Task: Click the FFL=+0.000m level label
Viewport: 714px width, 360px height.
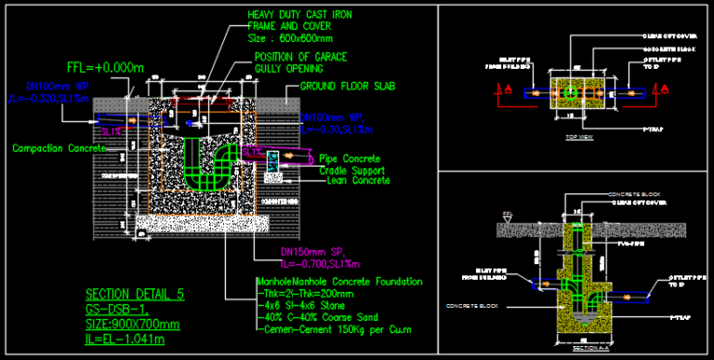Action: pos(105,68)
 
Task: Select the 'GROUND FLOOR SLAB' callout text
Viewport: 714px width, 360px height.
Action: pos(348,87)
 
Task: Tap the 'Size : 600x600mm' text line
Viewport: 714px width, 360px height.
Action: pos(290,40)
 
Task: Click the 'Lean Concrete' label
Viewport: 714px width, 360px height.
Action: pos(358,180)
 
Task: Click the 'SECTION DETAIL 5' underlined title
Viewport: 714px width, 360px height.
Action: pos(134,294)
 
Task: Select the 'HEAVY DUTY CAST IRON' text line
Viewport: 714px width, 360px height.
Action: pos(300,16)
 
